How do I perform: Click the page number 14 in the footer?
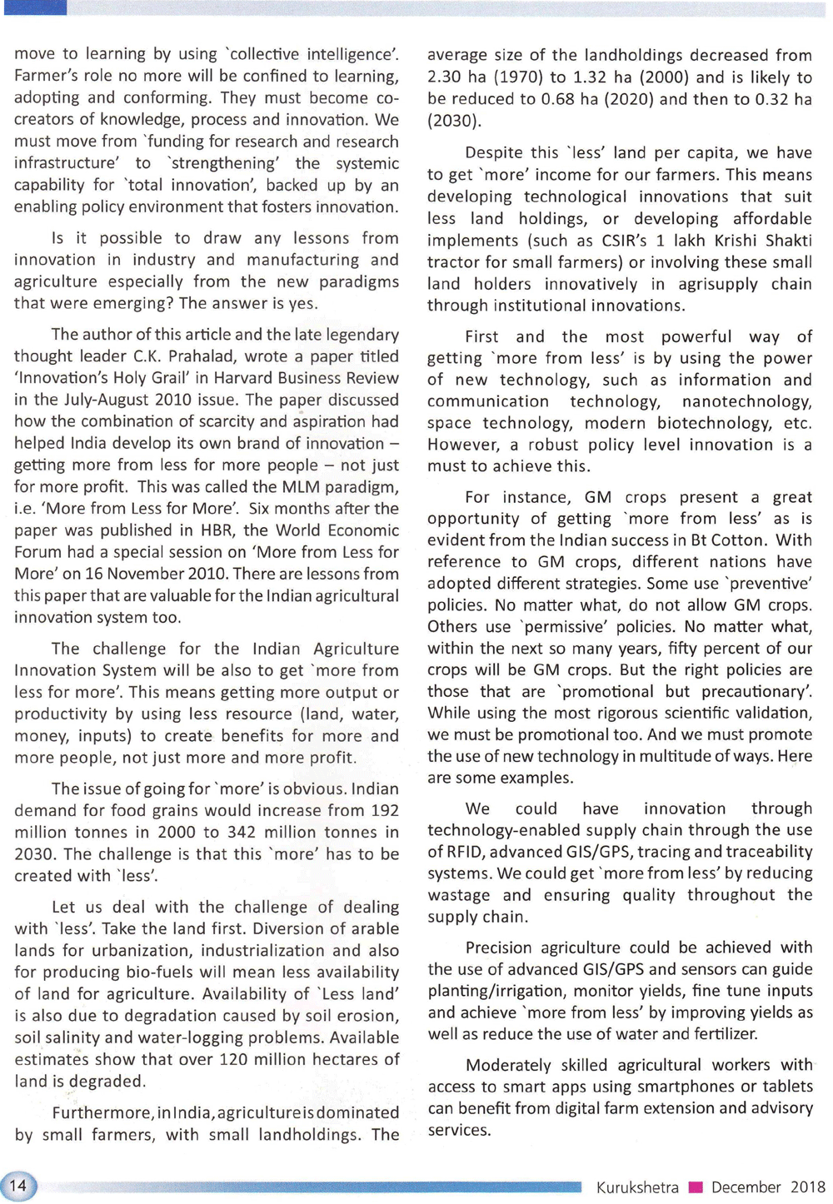pos(17,1186)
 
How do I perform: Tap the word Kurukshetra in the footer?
pos(637,1187)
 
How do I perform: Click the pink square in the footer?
pos(696,1187)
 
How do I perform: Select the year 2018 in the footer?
pos(807,1187)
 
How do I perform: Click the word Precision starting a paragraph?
pos(497,948)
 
